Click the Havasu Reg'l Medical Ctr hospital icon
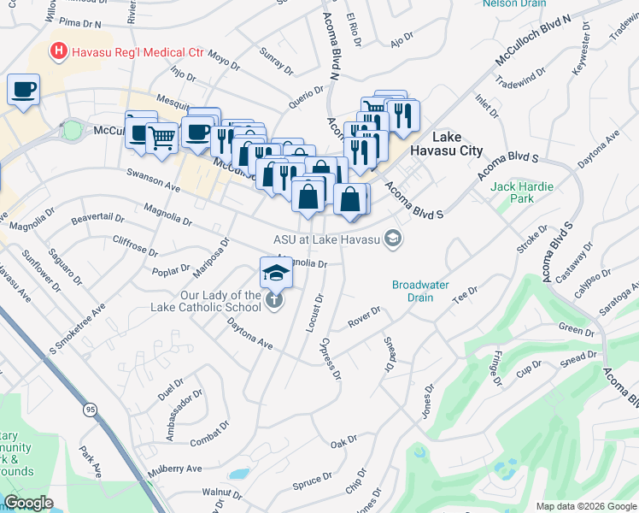58,52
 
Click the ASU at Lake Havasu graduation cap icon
393,239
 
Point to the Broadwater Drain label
425,291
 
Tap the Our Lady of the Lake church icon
273,300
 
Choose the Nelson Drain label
513,3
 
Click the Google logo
29,503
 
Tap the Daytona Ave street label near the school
249,333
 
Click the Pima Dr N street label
81,27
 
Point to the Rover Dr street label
364,318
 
